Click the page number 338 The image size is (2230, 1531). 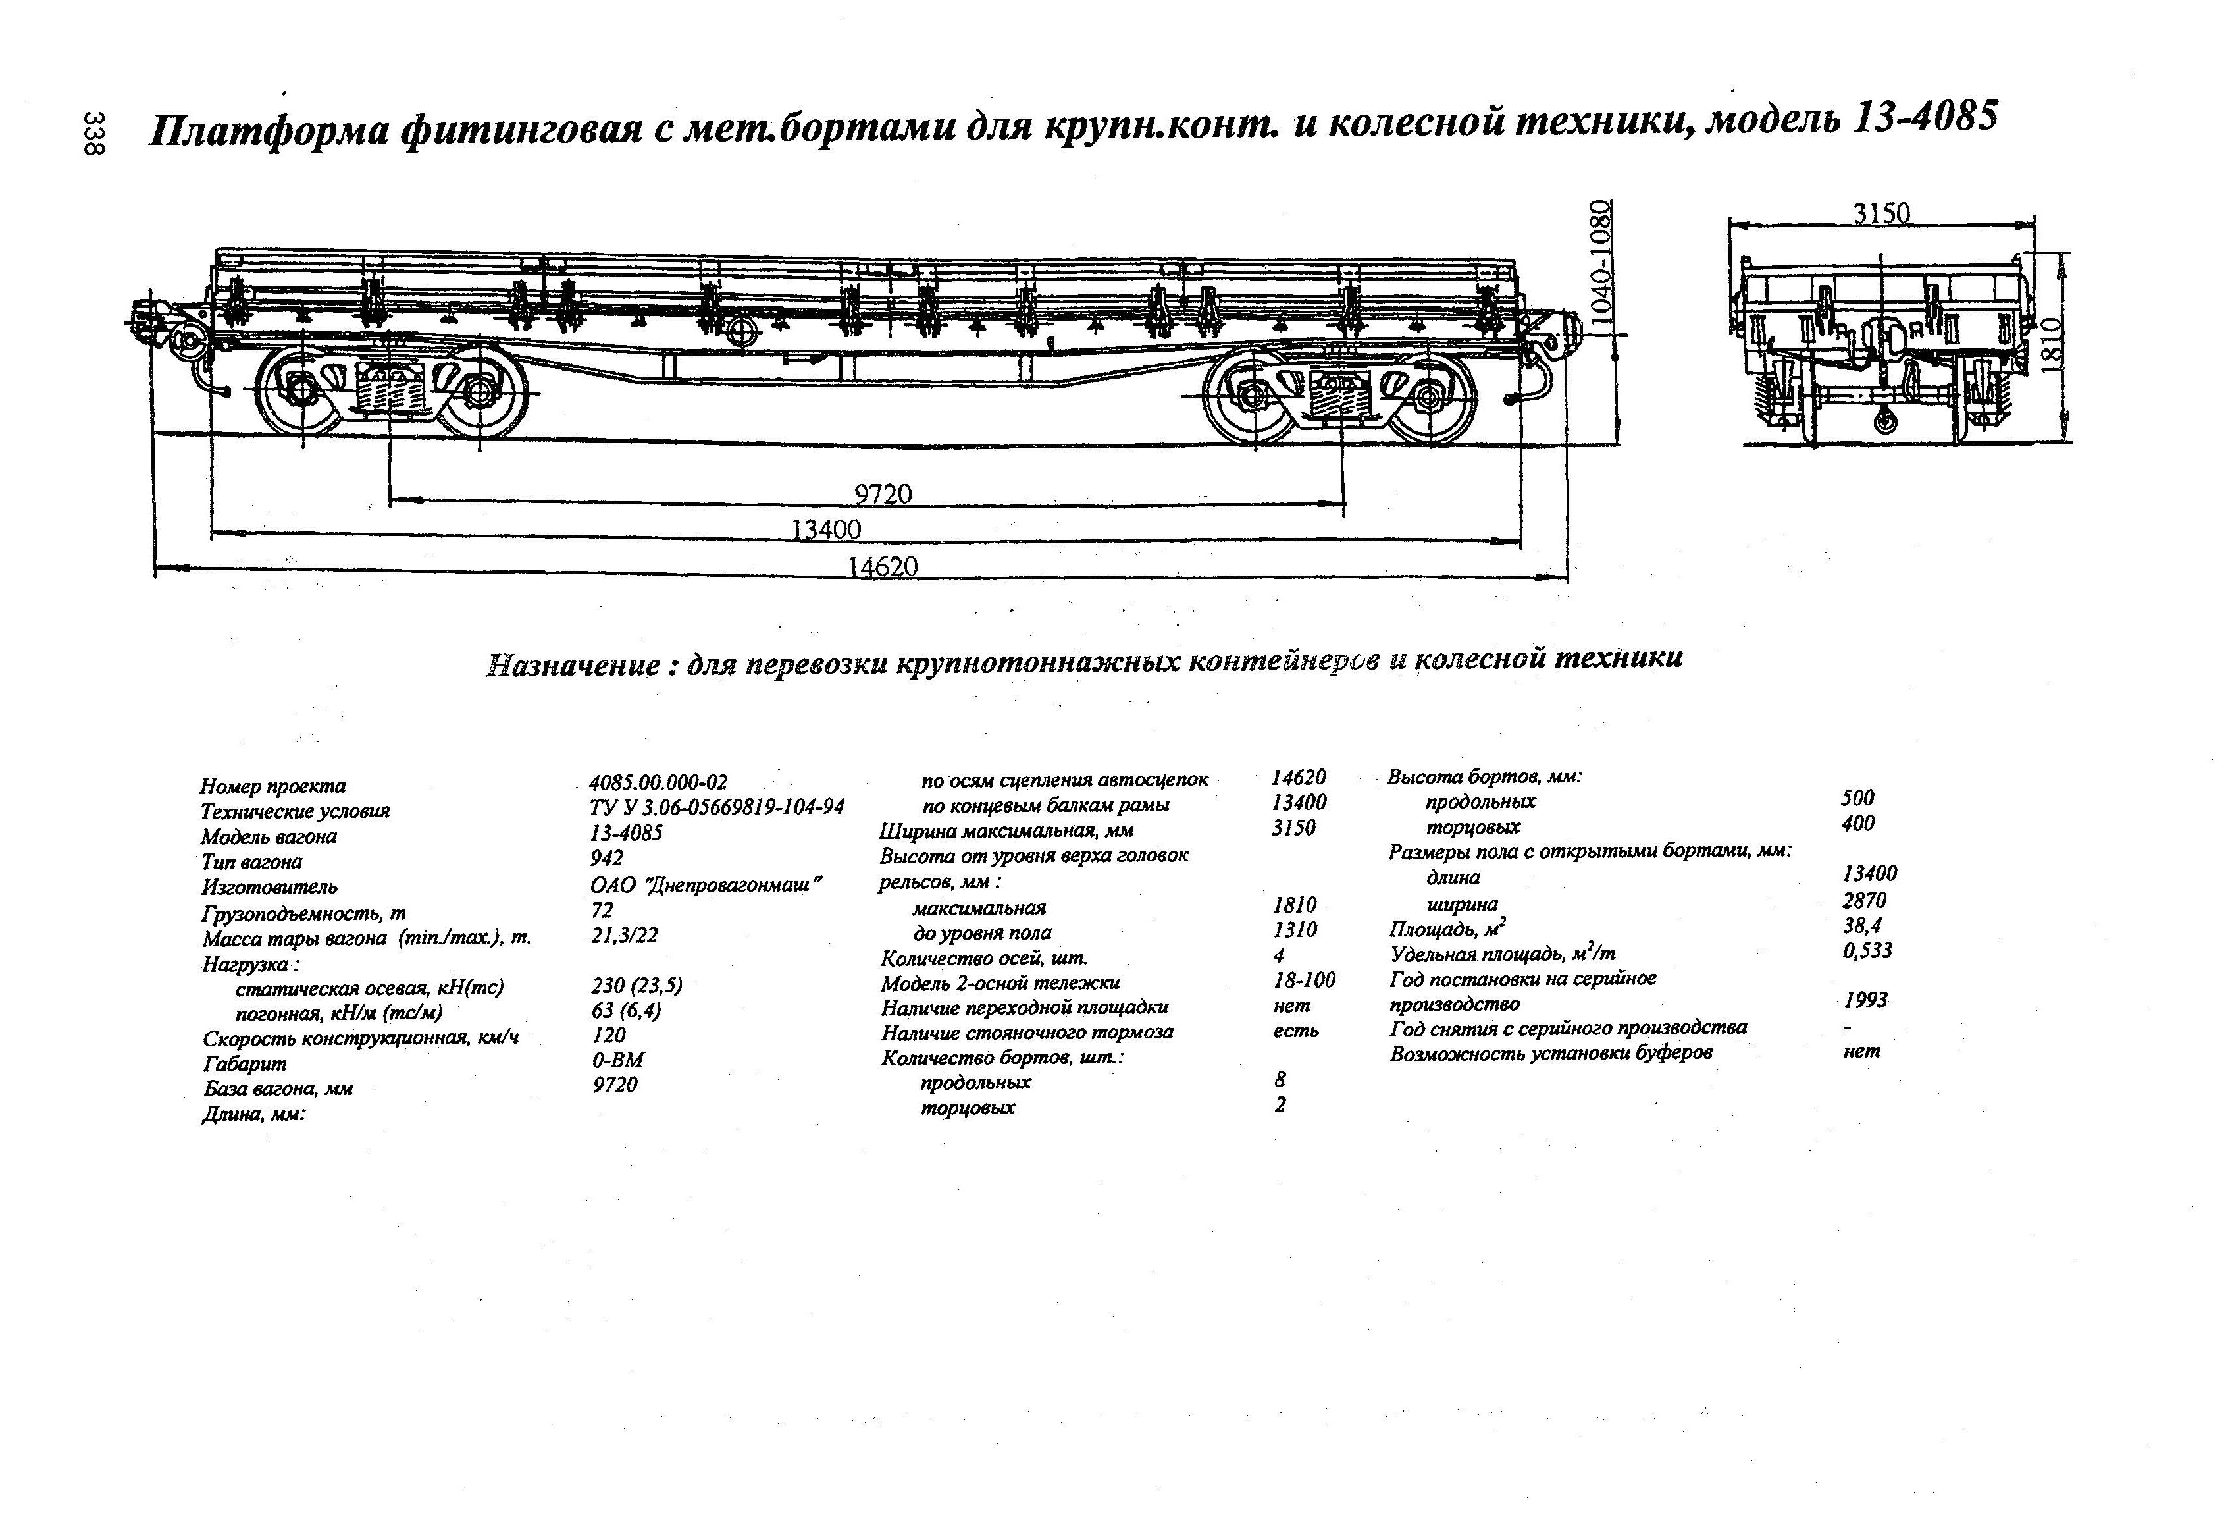pyautogui.click(x=94, y=134)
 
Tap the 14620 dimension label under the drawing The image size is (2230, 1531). pyautogui.click(x=882, y=566)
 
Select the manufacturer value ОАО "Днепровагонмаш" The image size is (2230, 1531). pyautogui.click(x=706, y=884)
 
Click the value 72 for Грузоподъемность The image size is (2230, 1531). pyautogui.click(x=602, y=909)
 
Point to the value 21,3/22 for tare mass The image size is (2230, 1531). pyautogui.click(x=624, y=935)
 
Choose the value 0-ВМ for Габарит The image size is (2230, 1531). pyautogui.click(x=617, y=1060)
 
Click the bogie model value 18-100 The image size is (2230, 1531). pyautogui.click(x=1303, y=980)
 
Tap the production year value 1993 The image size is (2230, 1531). pyautogui.click(x=1865, y=1000)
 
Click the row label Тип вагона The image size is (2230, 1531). pyautogui.click(x=251, y=862)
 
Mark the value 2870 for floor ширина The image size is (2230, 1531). pyautogui.click(x=1863, y=900)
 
